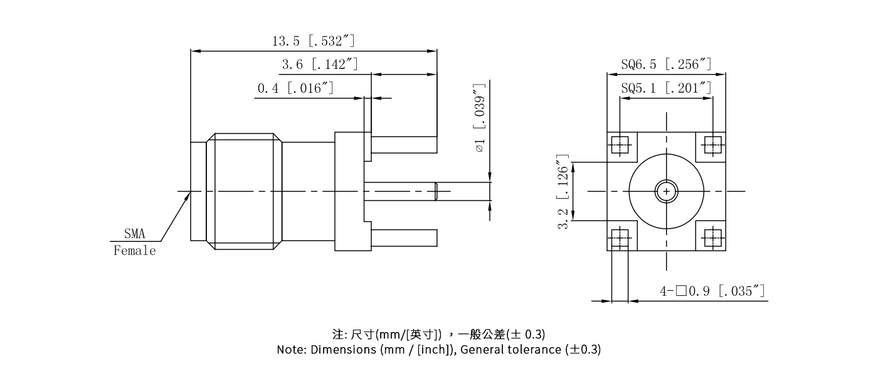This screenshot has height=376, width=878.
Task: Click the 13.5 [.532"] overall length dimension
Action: pyautogui.click(x=313, y=41)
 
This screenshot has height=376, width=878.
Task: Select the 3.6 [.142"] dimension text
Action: pyautogui.click(x=319, y=65)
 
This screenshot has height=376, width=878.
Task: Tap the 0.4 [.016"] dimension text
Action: pyautogui.click(x=295, y=88)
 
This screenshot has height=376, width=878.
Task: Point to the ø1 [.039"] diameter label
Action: pyautogui.click(x=480, y=118)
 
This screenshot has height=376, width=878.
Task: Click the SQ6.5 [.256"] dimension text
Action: pyautogui.click(x=666, y=64)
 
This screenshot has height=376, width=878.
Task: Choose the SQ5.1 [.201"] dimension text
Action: pyautogui.click(x=666, y=88)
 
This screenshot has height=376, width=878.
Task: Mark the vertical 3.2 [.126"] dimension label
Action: pyautogui.click(x=564, y=192)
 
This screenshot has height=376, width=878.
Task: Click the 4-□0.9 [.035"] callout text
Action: pyautogui.click(x=712, y=291)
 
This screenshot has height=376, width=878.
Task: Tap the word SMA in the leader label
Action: pyautogui.click(x=134, y=234)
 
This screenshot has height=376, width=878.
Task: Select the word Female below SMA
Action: pyautogui.click(x=134, y=251)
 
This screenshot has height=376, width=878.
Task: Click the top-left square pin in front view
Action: pyautogui.click(x=620, y=145)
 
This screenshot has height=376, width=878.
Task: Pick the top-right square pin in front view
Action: pyautogui.click(x=712, y=145)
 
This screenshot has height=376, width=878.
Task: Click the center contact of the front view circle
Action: pyautogui.click(x=666, y=191)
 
